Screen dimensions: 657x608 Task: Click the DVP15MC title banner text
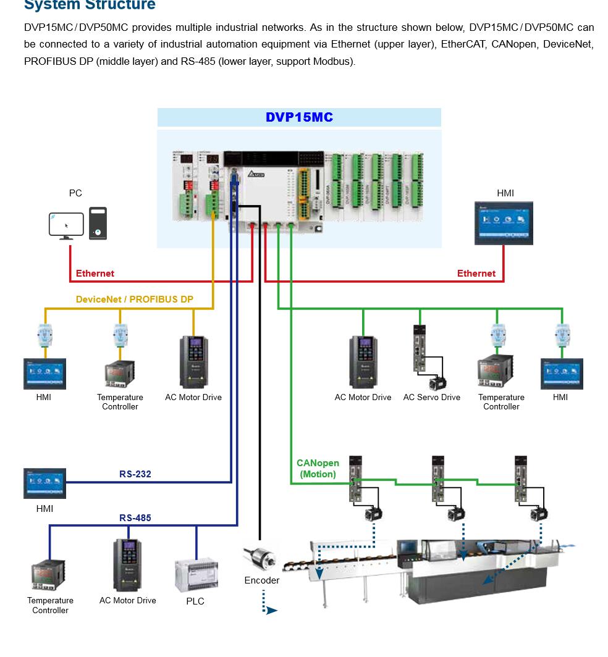pyautogui.click(x=299, y=117)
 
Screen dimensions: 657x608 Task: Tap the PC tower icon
pyautogui.click(x=98, y=224)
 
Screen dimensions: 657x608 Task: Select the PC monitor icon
pyautogui.click(x=66, y=225)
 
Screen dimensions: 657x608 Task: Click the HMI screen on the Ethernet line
pyautogui.click(x=504, y=222)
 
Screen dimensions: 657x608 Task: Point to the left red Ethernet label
pyautogui.click(x=95, y=274)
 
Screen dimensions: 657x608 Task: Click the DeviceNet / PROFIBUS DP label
pyautogui.click(x=134, y=299)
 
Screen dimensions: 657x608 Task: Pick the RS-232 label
pyautogui.click(x=135, y=474)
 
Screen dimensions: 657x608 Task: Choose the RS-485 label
pyautogui.click(x=135, y=518)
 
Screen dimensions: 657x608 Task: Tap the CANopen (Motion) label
pyautogui.click(x=318, y=469)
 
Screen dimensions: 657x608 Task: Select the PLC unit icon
pyautogui.click(x=196, y=574)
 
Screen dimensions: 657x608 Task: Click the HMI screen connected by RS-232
pyautogui.click(x=44, y=483)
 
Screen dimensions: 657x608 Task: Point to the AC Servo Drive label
pyautogui.click(x=431, y=398)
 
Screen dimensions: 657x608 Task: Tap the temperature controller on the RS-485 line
pyautogui.click(x=48, y=575)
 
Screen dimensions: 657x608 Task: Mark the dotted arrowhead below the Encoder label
pyautogui.click(x=271, y=611)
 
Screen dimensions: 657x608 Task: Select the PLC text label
pyautogui.click(x=195, y=601)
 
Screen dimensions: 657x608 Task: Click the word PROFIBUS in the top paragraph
pyautogui.click(x=51, y=62)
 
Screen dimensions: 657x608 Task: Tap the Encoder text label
pyautogui.click(x=261, y=580)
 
